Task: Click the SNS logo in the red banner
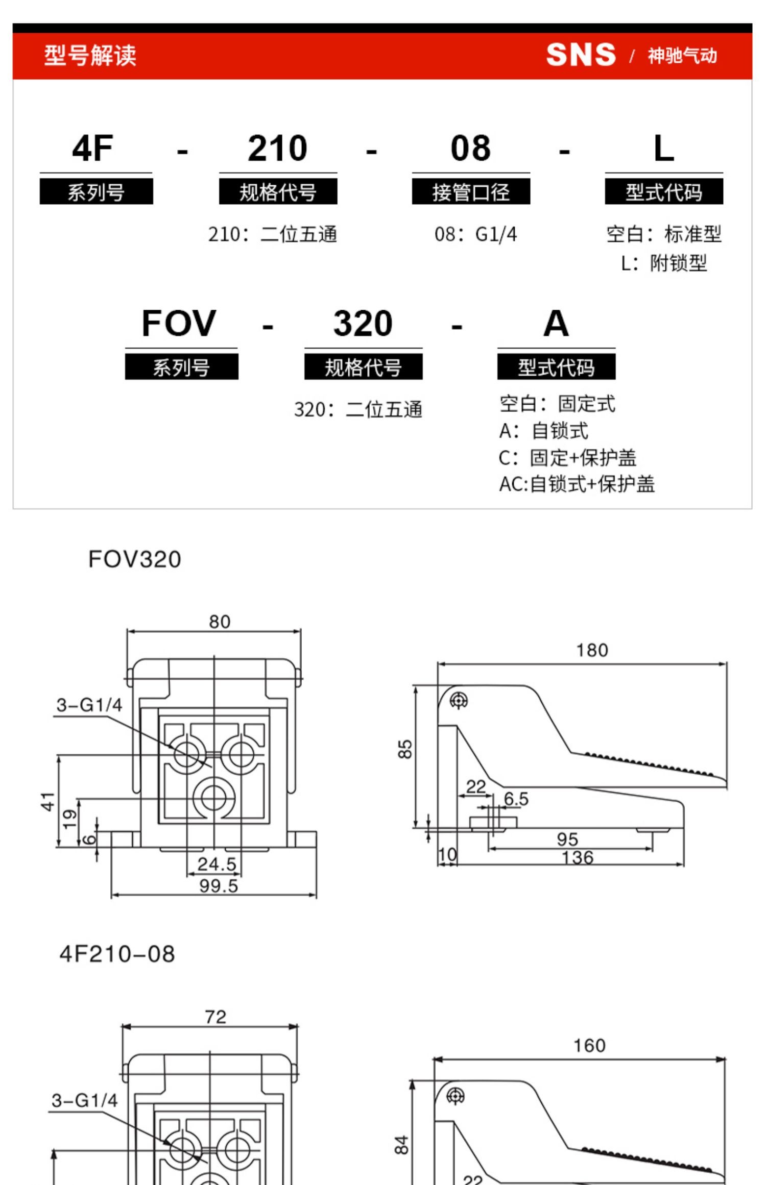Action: tap(581, 55)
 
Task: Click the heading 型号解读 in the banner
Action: tap(90, 55)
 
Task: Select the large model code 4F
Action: tap(92, 149)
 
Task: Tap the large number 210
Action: tap(277, 149)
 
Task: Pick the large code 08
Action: tap(470, 149)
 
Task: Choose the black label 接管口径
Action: tap(471, 192)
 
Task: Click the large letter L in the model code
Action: tap(663, 149)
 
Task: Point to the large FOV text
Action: tap(179, 324)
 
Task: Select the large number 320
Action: tap(363, 324)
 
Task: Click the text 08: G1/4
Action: tap(475, 234)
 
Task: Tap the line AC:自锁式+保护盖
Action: tap(577, 484)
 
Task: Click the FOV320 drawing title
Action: tap(134, 559)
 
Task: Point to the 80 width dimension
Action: tap(220, 622)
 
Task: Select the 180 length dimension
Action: tap(592, 650)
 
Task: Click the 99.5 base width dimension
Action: tap(219, 885)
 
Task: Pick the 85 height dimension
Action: tap(404, 749)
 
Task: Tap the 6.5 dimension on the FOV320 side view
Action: tap(516, 799)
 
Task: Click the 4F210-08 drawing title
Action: tap(117, 954)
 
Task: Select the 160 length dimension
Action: tap(589, 1046)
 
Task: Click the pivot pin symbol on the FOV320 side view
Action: tap(459, 701)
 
